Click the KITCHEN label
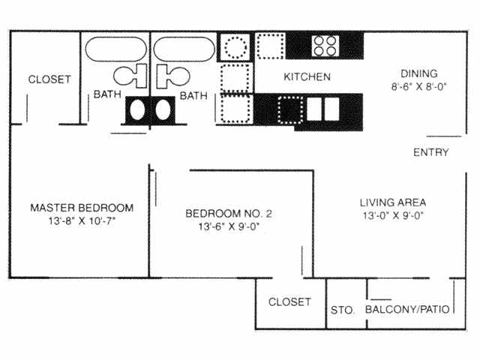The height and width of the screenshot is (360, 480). pos(307,77)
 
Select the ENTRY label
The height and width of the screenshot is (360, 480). pos(431,152)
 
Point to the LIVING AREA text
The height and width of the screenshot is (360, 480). pos(392,202)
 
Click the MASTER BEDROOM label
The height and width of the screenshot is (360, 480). pos(82,208)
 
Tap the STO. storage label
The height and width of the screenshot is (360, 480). pos(343,310)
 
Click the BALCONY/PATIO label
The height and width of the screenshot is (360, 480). pos(407,310)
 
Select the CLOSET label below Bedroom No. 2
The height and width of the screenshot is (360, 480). pos(289,302)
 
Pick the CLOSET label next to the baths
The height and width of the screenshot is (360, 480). pos(49,79)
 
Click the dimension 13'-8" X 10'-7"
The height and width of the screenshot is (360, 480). pos(82,221)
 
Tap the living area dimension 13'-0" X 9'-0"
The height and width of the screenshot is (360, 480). pos(392,216)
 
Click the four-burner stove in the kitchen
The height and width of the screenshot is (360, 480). pos(324,46)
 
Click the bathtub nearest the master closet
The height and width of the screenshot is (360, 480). pos(115,49)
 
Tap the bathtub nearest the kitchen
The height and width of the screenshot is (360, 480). pos(184,49)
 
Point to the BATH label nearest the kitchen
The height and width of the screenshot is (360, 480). pos(193,95)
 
